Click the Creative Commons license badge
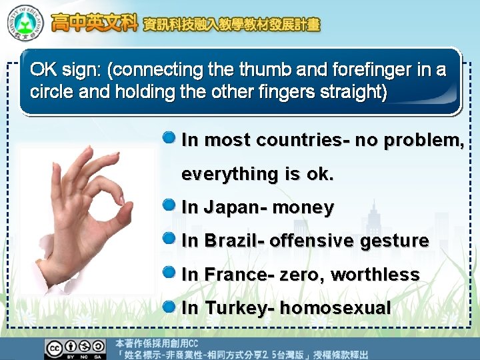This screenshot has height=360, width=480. [75, 349]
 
